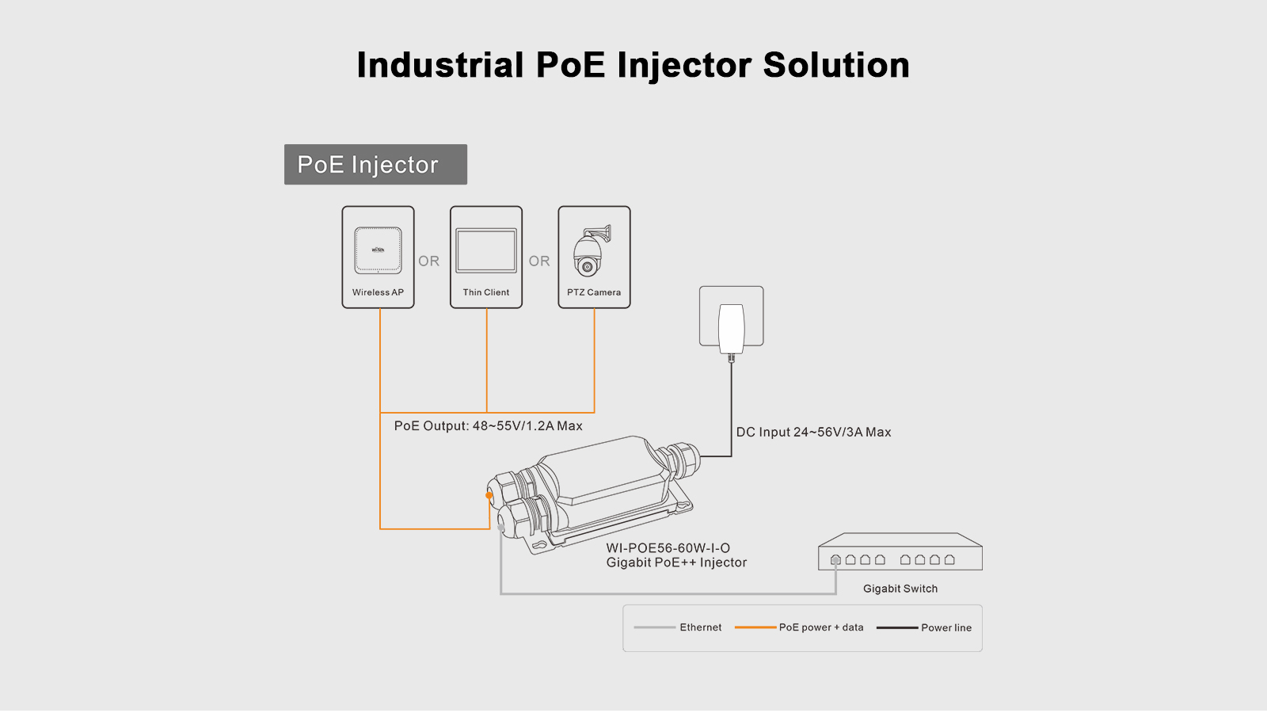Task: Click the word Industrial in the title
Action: pyautogui.click(x=440, y=65)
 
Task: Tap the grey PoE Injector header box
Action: pyautogui.click(x=375, y=165)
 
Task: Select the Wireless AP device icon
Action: pyautogui.click(x=378, y=250)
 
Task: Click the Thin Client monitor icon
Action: pyautogui.click(x=486, y=250)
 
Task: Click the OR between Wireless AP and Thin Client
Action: pyautogui.click(x=428, y=261)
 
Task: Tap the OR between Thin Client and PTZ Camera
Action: pyautogui.click(x=539, y=261)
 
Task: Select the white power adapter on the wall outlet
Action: pyautogui.click(x=731, y=327)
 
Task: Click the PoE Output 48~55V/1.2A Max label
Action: pyautogui.click(x=488, y=426)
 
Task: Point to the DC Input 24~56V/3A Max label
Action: pyautogui.click(x=813, y=433)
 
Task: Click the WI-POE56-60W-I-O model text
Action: pyautogui.click(x=668, y=548)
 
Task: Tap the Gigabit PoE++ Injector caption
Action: pyautogui.click(x=676, y=562)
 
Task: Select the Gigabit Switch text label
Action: pyautogui.click(x=900, y=589)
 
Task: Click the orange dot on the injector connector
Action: pyautogui.click(x=489, y=496)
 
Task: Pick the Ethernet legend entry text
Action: pyautogui.click(x=701, y=627)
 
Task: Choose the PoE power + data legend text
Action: pyautogui.click(x=821, y=627)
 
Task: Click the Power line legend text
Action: pyautogui.click(x=946, y=627)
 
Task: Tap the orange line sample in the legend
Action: pyautogui.click(x=755, y=627)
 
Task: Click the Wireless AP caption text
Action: pyautogui.click(x=378, y=292)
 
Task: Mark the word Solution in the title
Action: pyautogui.click(x=836, y=65)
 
